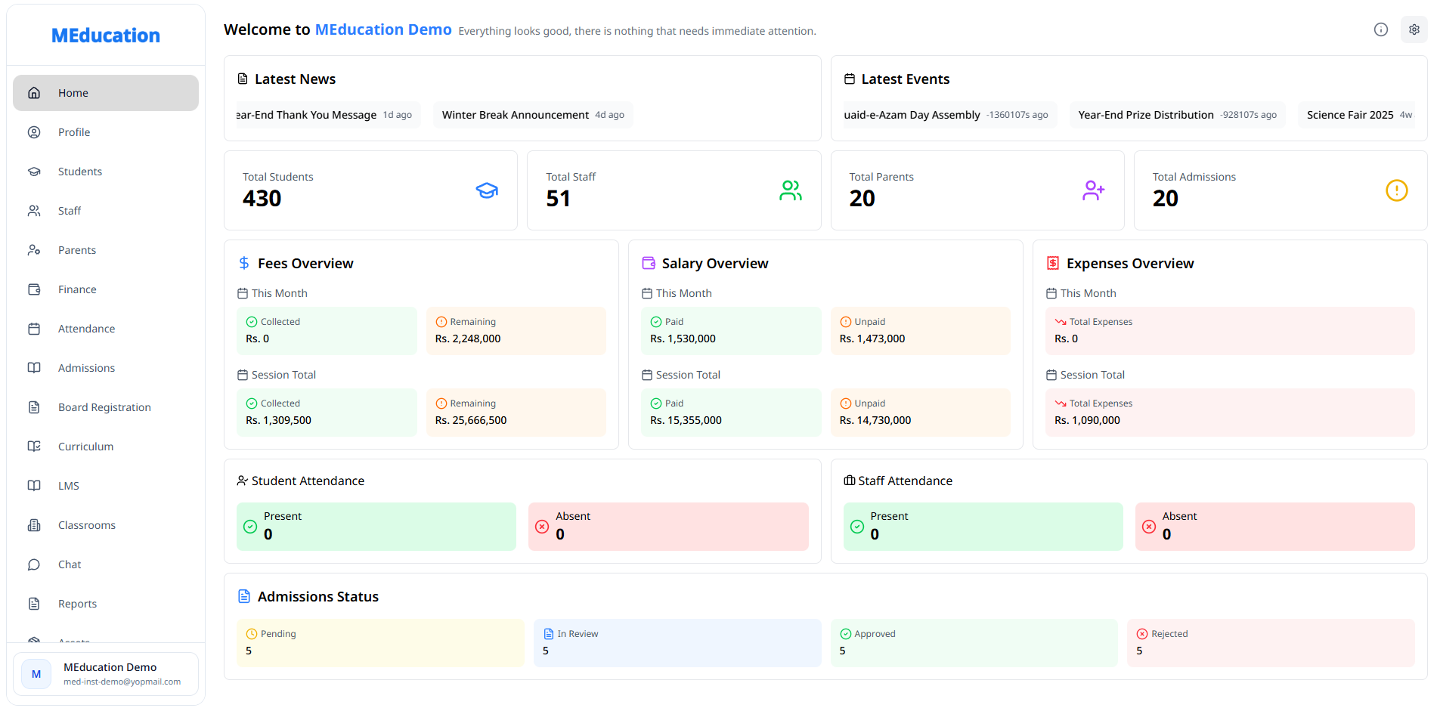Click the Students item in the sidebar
(79, 172)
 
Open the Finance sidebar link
(76, 289)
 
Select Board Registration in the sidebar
(104, 407)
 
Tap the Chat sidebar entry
(70, 564)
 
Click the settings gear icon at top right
(1414, 29)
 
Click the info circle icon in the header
(1380, 29)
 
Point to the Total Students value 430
(262, 198)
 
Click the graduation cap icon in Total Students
(487, 190)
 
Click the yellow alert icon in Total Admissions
(1396, 190)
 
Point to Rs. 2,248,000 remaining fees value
(467, 339)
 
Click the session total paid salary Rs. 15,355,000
(685, 420)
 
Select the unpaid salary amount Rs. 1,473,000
(872, 339)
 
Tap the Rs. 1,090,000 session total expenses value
(1086, 420)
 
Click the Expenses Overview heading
(1129, 264)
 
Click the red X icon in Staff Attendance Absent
(1148, 527)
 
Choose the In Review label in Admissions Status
(578, 634)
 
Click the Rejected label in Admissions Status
(1169, 634)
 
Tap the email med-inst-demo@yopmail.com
(122, 682)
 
